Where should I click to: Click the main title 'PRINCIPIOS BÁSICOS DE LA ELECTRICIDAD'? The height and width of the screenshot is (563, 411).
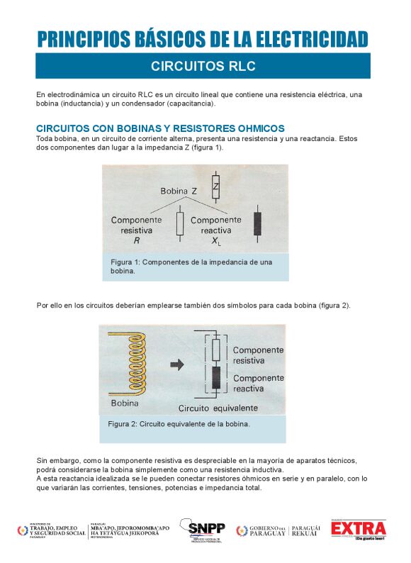click(x=203, y=38)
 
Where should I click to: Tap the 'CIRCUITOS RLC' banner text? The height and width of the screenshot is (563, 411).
click(x=203, y=67)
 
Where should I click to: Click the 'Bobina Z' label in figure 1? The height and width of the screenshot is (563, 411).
click(x=179, y=191)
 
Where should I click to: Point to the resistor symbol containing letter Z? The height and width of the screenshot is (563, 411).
click(x=215, y=186)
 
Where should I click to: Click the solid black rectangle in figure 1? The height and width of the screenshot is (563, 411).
click(x=256, y=223)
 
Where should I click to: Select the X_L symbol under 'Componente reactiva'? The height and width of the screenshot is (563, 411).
click(x=215, y=242)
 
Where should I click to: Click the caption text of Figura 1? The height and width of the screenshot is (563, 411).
click(x=191, y=267)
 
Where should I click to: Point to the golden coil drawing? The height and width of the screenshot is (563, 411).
click(x=135, y=364)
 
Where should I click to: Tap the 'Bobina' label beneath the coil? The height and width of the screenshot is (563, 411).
click(x=125, y=403)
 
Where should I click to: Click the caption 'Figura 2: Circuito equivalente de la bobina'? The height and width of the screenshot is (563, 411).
click(x=179, y=424)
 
